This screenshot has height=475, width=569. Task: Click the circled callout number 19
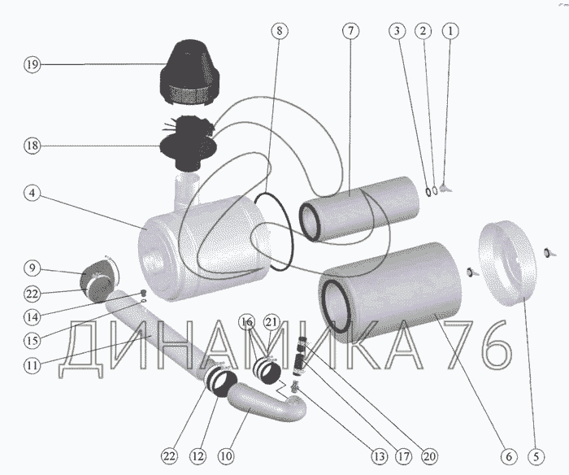coord(32,64)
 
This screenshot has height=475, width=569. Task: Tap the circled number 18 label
coord(32,146)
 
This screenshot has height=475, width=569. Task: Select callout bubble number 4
coord(32,193)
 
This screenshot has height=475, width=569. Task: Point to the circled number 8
coord(280,31)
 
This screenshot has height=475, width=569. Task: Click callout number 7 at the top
coord(350,31)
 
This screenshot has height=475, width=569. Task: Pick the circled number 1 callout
coord(450,31)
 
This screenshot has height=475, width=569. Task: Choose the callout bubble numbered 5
coord(536,456)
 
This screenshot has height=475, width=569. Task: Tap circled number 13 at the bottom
coord(379,456)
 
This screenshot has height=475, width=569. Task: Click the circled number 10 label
coord(226,456)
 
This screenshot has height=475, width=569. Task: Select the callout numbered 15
coord(32,340)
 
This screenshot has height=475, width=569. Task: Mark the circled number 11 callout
coord(32,364)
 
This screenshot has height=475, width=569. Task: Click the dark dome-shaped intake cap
coord(189,72)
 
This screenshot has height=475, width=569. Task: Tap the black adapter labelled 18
coord(189,143)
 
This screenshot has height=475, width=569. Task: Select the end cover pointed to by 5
coord(507,264)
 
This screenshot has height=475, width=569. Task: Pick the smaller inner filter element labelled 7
coord(359,209)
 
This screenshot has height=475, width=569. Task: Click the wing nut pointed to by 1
coord(445,188)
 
